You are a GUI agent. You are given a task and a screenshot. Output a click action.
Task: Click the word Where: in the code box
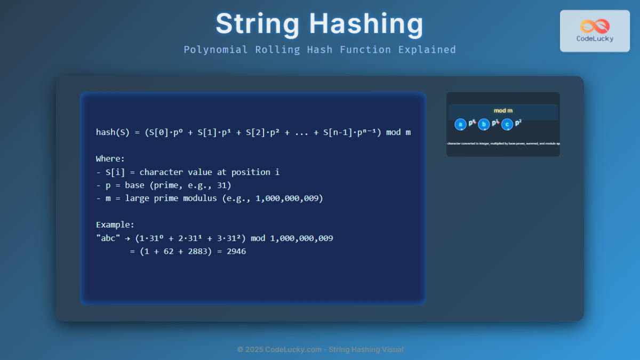[x=110, y=159]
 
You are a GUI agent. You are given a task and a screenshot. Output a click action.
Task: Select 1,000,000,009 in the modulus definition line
[x=290, y=198]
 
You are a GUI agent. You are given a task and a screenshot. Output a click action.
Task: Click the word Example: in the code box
[x=115, y=225]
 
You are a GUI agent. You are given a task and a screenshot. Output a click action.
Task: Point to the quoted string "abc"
[x=108, y=238]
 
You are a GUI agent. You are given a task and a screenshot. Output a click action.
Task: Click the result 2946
[x=236, y=251]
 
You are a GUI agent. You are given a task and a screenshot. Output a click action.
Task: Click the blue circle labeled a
[x=460, y=124]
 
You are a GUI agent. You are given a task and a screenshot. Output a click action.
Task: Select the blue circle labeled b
[x=484, y=124]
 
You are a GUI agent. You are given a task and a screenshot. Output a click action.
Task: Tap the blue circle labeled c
[x=507, y=124]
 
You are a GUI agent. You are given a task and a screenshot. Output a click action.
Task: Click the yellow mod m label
[x=503, y=110]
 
